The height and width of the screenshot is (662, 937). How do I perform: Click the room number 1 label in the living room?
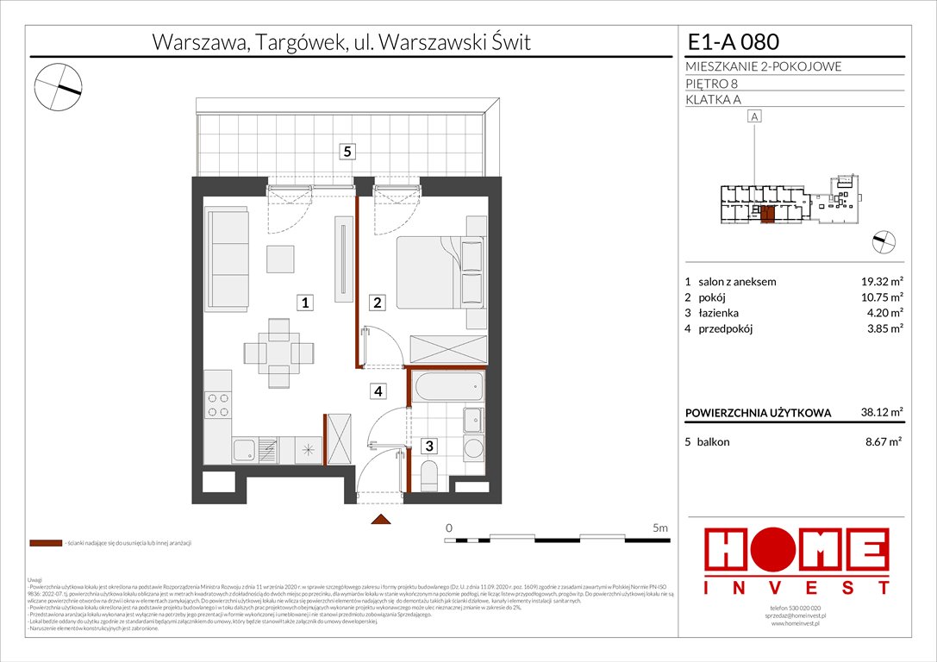tap(305, 303)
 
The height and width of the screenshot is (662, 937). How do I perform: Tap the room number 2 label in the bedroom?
tap(377, 303)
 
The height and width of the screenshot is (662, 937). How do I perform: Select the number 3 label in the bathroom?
tap(428, 447)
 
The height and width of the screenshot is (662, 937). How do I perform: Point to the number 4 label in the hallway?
tap(378, 391)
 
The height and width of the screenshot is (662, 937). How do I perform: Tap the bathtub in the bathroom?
tap(447, 387)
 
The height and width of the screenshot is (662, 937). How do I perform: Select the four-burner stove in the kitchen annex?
tap(218, 404)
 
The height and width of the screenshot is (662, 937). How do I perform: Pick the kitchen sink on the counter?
tap(245, 448)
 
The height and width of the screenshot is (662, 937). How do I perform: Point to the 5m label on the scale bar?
tap(660, 528)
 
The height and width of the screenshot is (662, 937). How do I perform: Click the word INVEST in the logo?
tap(796, 588)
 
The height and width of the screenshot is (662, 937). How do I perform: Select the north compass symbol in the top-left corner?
tap(59, 87)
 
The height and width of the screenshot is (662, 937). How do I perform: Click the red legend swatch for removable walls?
tap(45, 544)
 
